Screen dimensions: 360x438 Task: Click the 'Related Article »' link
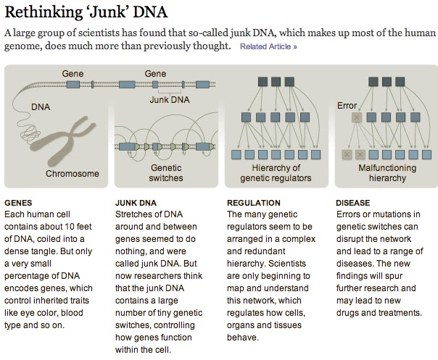[268, 47]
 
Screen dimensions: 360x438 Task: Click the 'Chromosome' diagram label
[72, 174]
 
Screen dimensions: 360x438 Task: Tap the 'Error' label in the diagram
[347, 106]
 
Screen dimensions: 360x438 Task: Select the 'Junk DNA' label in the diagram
[169, 100]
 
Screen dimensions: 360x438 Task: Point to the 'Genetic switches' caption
[166, 172]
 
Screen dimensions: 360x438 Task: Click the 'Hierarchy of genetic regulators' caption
[276, 172]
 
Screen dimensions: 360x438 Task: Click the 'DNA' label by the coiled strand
[41, 107]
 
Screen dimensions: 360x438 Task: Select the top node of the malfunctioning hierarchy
[384, 80]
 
